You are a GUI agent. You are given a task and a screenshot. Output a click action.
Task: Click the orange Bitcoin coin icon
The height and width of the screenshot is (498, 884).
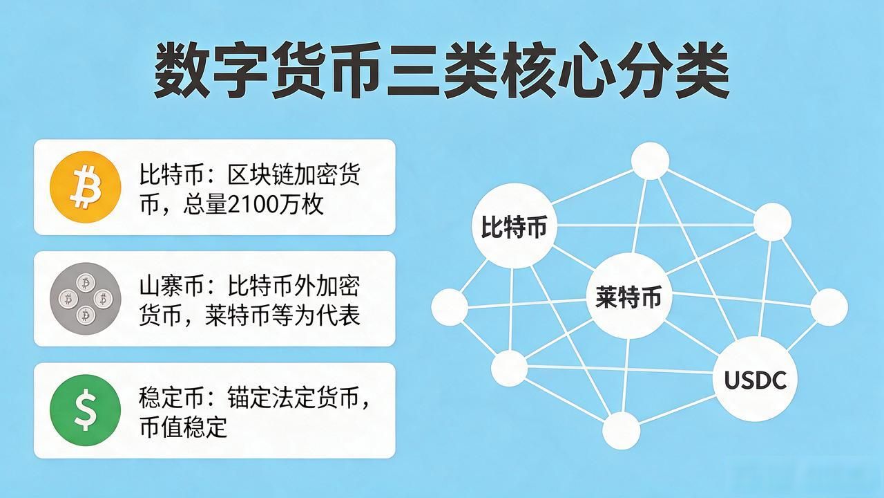(85, 187)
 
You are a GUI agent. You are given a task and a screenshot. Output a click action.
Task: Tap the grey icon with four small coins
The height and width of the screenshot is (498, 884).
(85, 299)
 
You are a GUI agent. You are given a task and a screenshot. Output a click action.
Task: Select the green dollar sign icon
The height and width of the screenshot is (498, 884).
(85, 410)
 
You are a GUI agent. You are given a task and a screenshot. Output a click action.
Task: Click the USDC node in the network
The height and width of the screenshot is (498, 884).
(755, 380)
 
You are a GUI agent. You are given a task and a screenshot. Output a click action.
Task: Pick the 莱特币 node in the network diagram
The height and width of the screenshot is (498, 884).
(628, 296)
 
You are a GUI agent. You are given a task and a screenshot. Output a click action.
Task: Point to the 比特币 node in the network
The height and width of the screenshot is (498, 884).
(515, 226)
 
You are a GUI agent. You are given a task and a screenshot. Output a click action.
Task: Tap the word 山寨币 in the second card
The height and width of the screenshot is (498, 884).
(172, 286)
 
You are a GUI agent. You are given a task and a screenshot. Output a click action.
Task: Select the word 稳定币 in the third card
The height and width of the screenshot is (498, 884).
(172, 398)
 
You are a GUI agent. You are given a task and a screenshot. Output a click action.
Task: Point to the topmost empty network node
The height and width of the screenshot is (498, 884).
(650, 161)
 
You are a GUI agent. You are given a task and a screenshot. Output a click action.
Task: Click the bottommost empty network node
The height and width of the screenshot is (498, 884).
(621, 431)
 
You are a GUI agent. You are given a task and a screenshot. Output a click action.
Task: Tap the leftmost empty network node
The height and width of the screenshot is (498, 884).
(450, 307)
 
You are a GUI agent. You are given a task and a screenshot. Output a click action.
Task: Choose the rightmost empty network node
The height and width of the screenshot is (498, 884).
(829, 307)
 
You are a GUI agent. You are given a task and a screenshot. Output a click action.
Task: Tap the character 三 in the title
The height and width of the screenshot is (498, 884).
(413, 71)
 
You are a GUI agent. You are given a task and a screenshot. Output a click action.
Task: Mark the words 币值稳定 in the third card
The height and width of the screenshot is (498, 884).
(183, 427)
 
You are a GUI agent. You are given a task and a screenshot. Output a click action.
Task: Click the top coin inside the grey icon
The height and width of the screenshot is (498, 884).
(85, 283)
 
